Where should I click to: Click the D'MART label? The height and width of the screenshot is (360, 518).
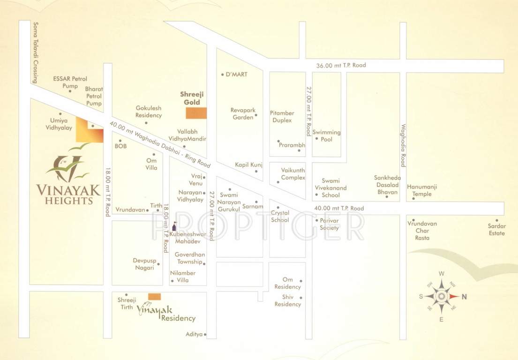click(x=237, y=75)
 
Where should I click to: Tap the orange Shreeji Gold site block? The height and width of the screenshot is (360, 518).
click(x=196, y=113)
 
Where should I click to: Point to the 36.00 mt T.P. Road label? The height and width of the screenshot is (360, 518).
click(x=341, y=65)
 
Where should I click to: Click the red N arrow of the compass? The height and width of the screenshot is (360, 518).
click(x=454, y=296)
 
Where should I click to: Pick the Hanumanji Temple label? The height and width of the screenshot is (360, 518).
click(x=422, y=190)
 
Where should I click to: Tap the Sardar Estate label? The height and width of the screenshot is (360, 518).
click(x=496, y=230)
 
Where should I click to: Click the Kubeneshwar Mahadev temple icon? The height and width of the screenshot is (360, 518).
click(x=174, y=226)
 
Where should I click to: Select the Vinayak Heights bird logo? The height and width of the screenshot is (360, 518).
click(x=69, y=165)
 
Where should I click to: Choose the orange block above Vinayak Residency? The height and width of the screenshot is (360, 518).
click(x=154, y=296)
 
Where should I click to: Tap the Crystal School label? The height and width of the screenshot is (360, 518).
click(x=280, y=217)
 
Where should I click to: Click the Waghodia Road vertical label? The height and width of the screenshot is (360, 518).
click(x=403, y=145)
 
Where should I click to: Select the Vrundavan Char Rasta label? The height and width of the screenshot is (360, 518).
click(x=422, y=231)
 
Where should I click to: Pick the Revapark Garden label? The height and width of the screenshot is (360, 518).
click(x=243, y=114)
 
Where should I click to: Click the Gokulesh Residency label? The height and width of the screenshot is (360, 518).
click(x=149, y=112)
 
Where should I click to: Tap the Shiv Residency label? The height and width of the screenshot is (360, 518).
click(x=288, y=301)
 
